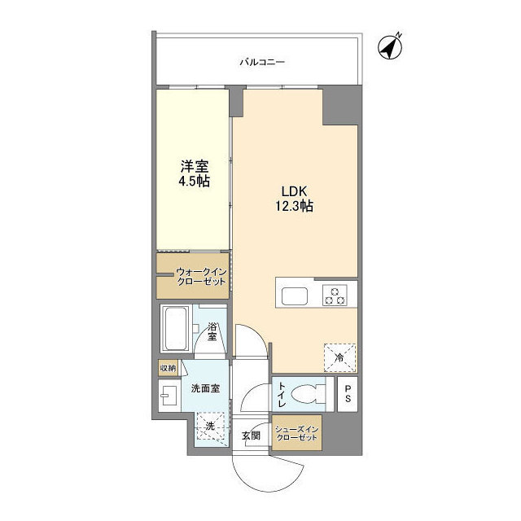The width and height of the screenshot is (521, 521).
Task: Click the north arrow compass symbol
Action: tap(392, 46)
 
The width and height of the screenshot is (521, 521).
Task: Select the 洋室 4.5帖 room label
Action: tap(195, 173)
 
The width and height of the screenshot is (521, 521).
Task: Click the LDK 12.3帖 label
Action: tap(294, 198)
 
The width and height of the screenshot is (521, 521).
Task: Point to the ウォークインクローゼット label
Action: tap(195, 277)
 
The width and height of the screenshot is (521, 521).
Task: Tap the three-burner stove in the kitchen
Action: tap(334, 295)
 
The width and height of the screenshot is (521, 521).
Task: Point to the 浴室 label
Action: tap(212, 331)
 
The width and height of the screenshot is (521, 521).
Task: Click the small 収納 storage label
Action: tap(167, 368)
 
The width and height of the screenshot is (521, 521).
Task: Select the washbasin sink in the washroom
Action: tap(169, 398)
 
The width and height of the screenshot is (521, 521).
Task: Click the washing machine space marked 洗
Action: tap(209, 425)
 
